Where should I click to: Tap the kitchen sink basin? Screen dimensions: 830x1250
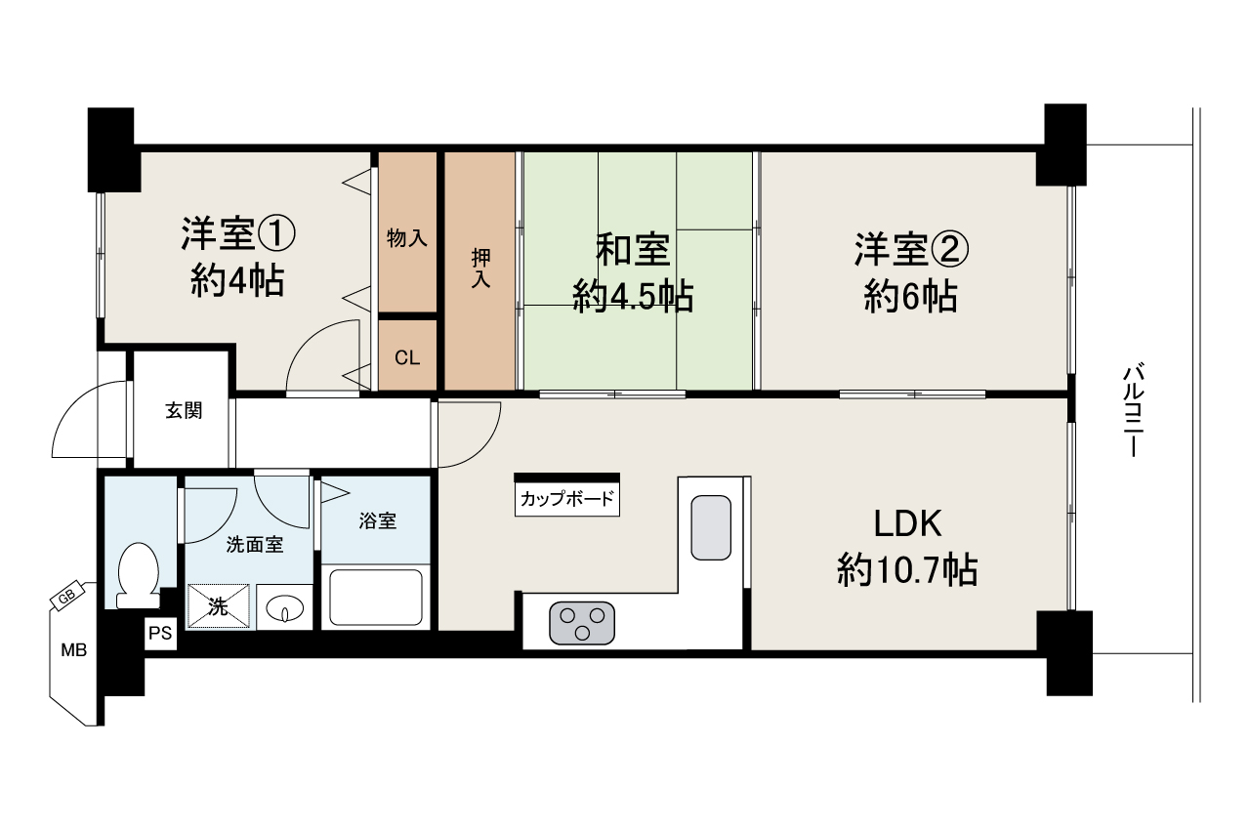pos(710,528)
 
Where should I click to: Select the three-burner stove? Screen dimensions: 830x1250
pos(583,624)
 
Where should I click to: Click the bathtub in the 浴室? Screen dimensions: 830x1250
pos(376,597)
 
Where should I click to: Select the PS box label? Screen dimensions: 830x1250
pos(160,634)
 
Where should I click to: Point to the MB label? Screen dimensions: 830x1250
pos(73,649)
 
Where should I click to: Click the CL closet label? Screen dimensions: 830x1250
pos(407,357)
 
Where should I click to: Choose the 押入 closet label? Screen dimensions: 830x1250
pos(480,269)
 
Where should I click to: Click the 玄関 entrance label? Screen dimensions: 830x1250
pos(183,411)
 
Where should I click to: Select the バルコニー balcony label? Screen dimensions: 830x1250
pos(1133,411)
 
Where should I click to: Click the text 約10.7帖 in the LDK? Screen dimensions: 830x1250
pos(907,569)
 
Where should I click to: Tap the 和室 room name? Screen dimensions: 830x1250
pos(634,251)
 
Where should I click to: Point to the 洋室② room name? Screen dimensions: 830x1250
pos(911,251)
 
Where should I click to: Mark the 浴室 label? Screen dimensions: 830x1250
pos(378,521)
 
